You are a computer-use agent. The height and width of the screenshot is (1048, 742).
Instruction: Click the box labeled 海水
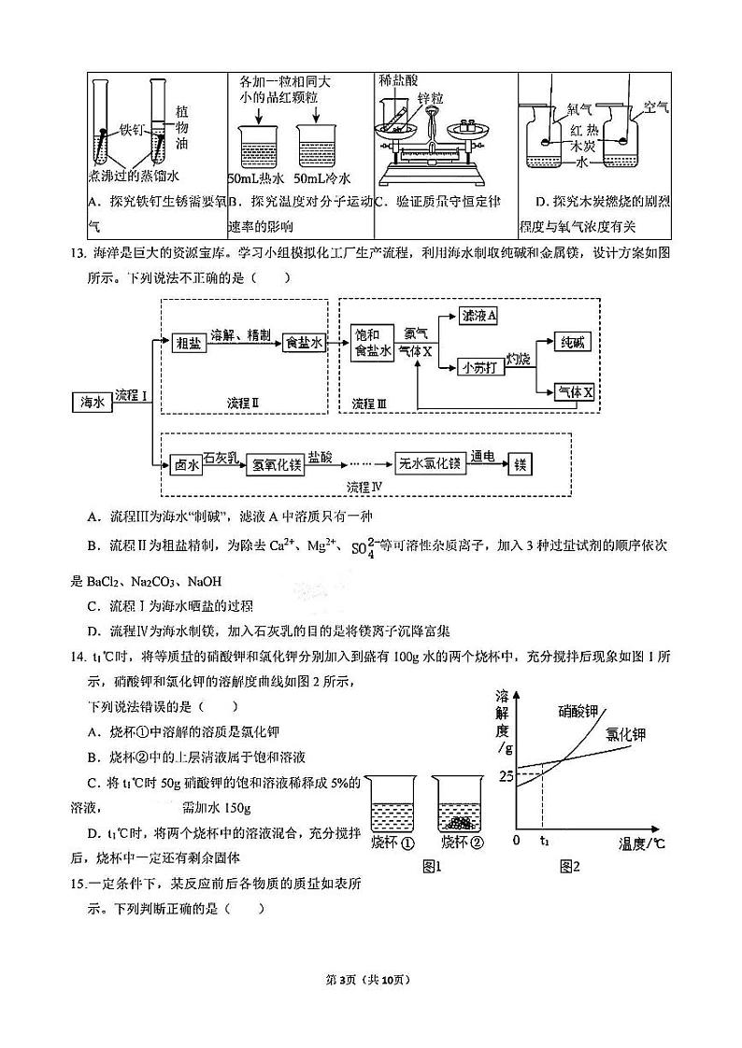coord(92,403)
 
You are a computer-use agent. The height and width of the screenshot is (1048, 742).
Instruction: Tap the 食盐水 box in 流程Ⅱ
coord(303,343)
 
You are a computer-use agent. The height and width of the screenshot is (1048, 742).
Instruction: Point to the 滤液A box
coord(479,316)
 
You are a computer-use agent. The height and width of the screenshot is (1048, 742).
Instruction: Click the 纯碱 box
coord(574,342)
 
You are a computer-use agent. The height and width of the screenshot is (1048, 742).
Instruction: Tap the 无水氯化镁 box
coord(428,464)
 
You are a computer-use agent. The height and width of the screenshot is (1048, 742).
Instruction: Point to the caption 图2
coord(570,867)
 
